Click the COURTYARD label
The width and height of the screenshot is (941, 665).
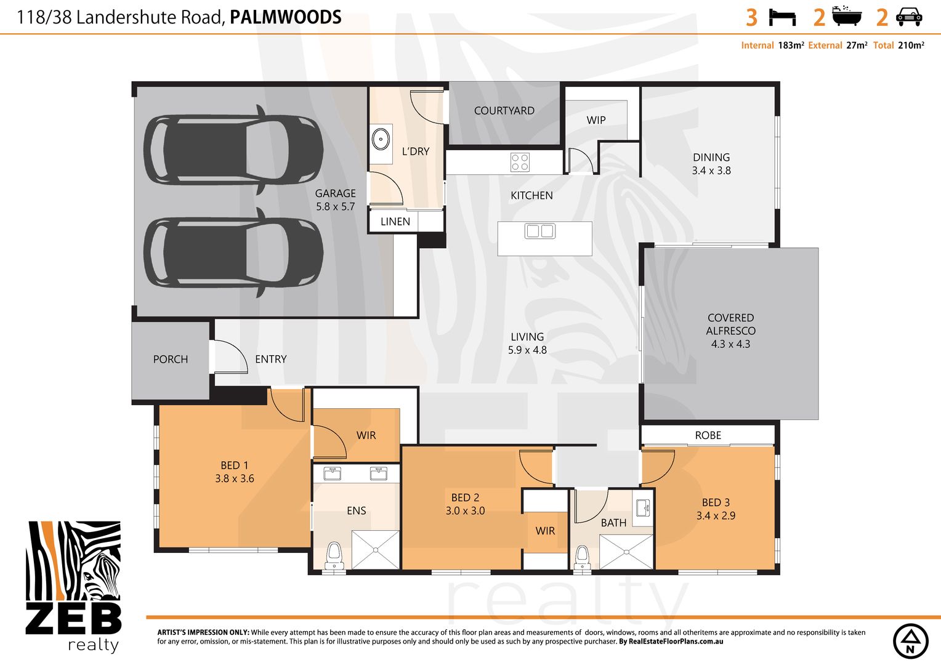tap(504, 110)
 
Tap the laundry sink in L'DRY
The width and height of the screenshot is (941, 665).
tap(381, 139)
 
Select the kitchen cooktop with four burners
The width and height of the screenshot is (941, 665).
tap(520, 162)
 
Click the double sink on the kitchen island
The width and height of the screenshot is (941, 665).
tap(540, 231)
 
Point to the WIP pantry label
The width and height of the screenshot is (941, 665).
tap(596, 120)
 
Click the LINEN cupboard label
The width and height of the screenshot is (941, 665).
tap(395, 222)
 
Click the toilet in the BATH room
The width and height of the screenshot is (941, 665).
tap(582, 557)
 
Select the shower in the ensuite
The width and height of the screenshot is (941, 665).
tap(375, 550)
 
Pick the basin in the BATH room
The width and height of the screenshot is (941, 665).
tap(643, 508)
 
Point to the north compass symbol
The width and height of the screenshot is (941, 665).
tap(910, 641)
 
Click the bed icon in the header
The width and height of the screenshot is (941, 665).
tap(782, 18)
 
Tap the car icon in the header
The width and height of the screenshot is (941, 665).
tap(909, 17)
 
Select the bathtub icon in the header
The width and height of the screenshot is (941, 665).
tap(847, 16)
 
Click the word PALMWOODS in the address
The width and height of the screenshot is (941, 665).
tap(286, 17)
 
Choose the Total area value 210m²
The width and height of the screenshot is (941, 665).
tap(911, 46)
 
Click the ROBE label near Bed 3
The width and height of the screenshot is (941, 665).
tap(708, 435)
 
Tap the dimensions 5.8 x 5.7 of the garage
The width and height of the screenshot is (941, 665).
tap(335, 207)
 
